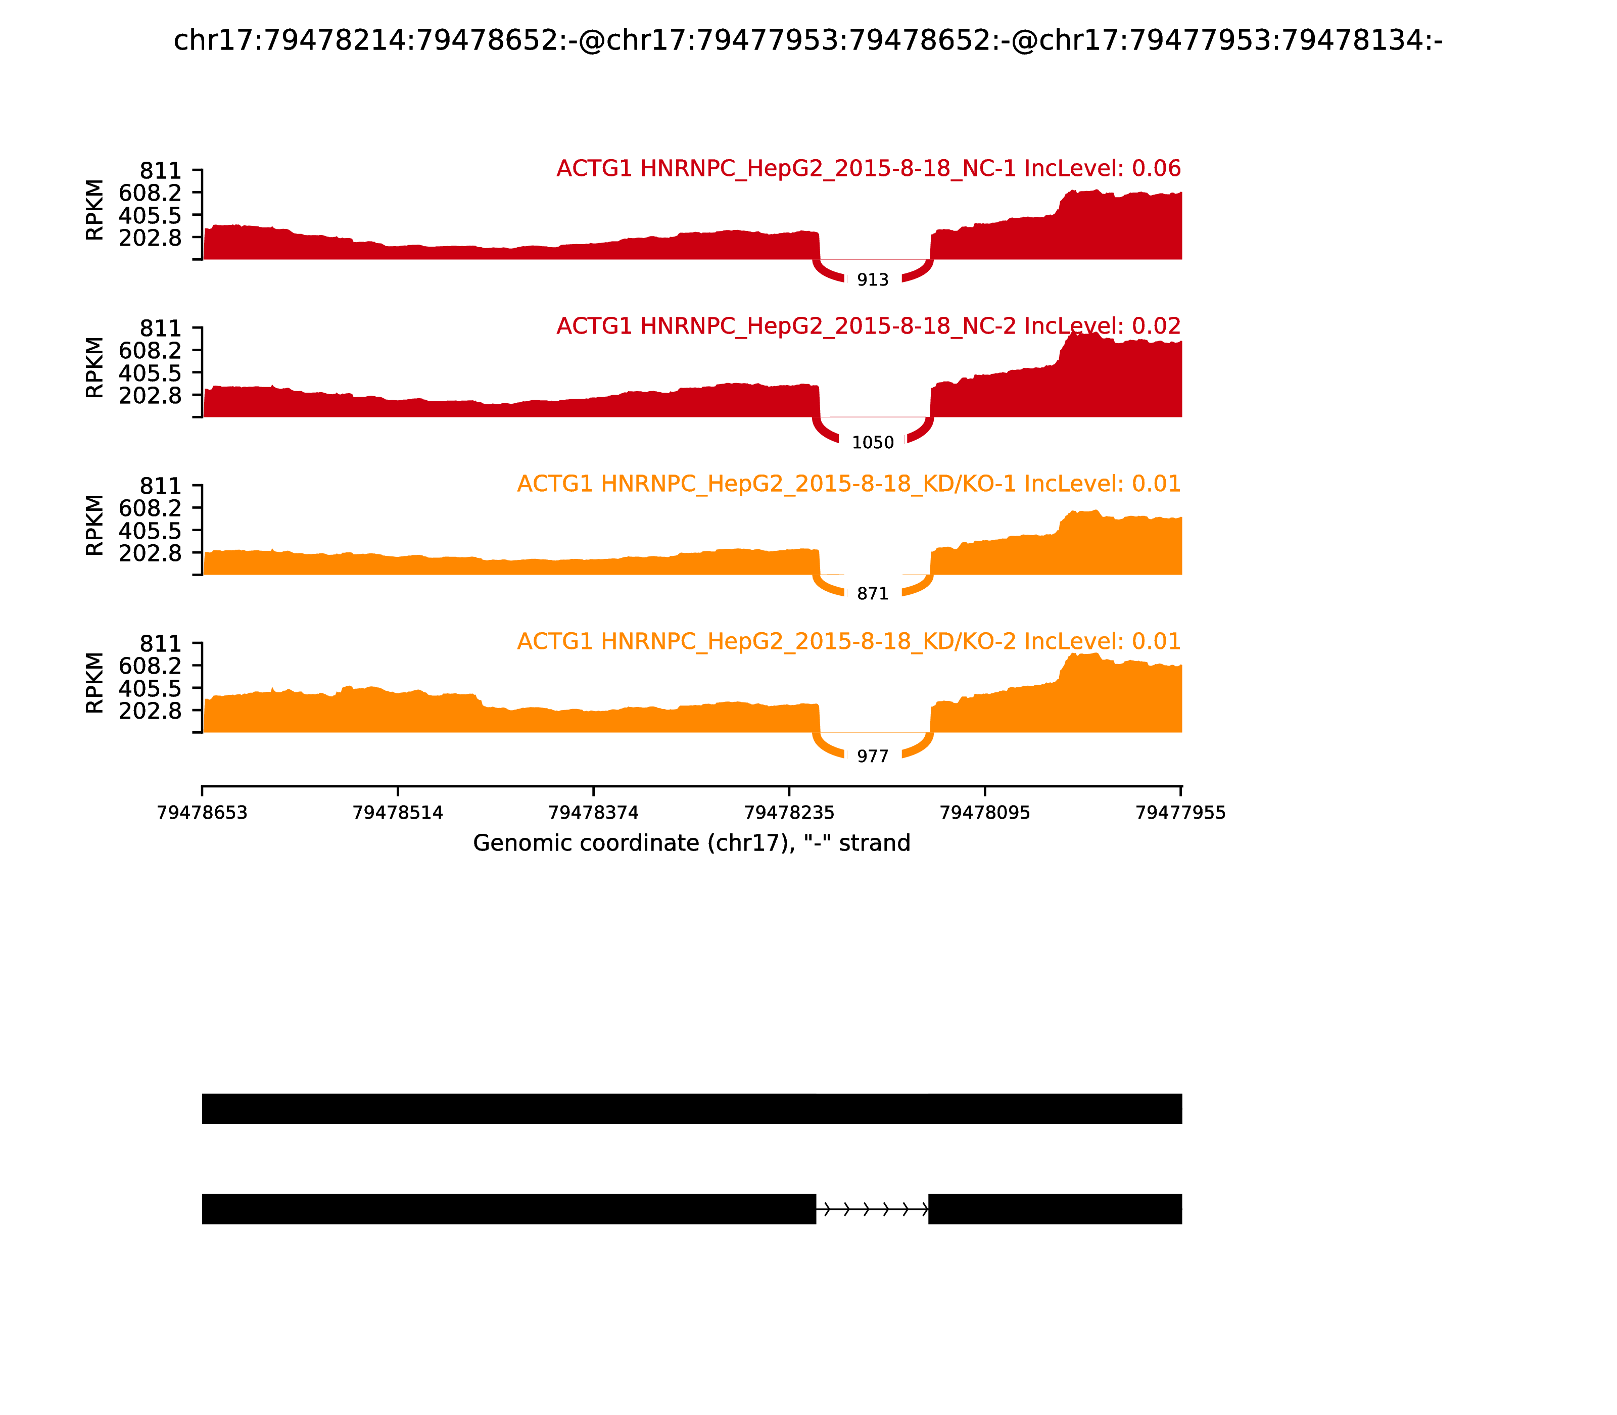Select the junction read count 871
click(x=873, y=594)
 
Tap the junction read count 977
click(x=873, y=757)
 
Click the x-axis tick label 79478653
click(x=202, y=813)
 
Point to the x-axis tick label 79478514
click(x=398, y=813)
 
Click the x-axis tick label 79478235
click(x=789, y=813)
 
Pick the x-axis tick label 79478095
click(x=984, y=813)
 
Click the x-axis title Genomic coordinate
click(x=692, y=843)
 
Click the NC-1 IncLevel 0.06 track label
click(x=869, y=168)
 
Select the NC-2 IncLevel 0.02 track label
click(x=869, y=326)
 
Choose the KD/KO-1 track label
click(x=849, y=484)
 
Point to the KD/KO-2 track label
click(x=849, y=641)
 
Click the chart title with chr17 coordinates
click(x=807, y=40)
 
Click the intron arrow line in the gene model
click(x=873, y=1209)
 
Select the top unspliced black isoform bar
click(x=692, y=1109)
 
